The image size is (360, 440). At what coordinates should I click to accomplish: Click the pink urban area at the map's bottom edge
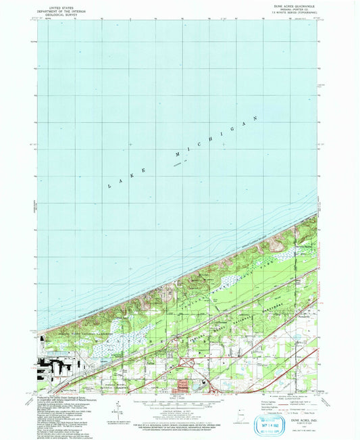coord(185,386)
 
